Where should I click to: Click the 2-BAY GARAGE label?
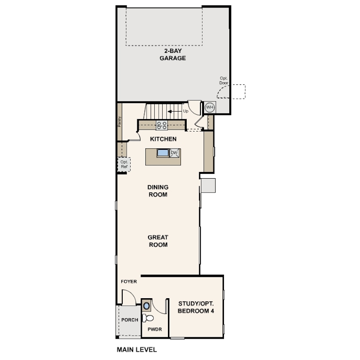tap(172, 55)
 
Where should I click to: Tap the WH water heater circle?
tap(210, 107)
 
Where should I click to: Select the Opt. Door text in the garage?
tap(224, 80)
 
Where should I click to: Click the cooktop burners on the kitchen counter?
tap(162, 125)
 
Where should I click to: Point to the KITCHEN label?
tap(163, 139)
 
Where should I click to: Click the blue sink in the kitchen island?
tap(163, 153)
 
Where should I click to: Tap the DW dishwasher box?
tap(174, 153)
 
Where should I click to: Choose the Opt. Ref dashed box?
tap(124, 164)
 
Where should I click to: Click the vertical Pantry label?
tap(119, 121)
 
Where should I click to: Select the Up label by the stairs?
tap(185, 111)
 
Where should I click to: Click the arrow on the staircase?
tap(175, 112)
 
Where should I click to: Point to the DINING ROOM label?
tap(158, 191)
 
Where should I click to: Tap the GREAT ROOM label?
tap(158, 241)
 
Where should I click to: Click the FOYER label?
tap(129, 281)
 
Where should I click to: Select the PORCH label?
tap(130, 320)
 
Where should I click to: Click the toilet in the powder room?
tap(148, 318)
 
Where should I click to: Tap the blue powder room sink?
tap(146, 306)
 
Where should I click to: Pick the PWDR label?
tap(155, 329)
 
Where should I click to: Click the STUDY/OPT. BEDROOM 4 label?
tap(196, 307)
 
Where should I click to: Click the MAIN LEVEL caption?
tap(137, 350)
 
